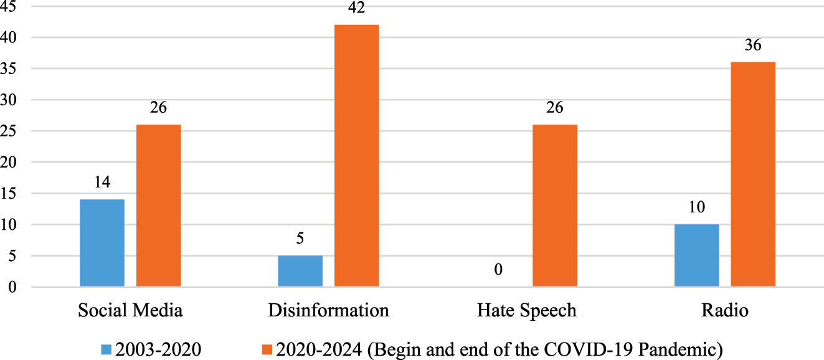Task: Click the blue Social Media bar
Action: [102, 243]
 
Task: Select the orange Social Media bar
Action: [159, 206]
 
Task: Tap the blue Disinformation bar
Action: [300, 271]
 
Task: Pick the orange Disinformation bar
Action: [356, 156]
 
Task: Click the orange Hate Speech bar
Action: [554, 206]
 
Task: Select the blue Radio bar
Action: [696, 255]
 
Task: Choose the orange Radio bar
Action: [752, 174]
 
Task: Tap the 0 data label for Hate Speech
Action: [498, 270]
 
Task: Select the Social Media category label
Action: [130, 310]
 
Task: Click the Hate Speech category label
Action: [526, 310]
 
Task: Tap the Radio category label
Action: [724, 310]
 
